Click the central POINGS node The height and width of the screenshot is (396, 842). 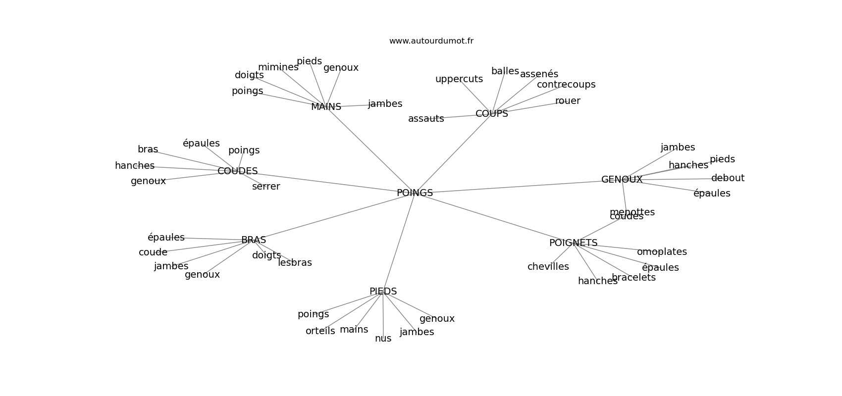point(415,193)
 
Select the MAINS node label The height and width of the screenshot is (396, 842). point(326,107)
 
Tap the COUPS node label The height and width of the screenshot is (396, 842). point(491,114)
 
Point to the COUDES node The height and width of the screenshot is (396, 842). point(237,171)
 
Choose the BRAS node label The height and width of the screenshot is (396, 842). point(253,240)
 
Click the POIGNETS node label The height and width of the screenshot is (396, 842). point(573,243)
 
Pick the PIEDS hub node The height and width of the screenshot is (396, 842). point(383,292)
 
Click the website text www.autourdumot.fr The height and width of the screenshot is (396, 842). point(431,41)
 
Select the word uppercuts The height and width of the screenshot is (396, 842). point(459,79)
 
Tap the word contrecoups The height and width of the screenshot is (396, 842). point(566,85)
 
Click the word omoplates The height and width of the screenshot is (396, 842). point(661,252)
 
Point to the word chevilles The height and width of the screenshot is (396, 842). point(548,267)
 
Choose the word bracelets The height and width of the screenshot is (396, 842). point(633,278)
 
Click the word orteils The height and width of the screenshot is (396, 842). point(320,331)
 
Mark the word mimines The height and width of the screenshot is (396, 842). point(278,67)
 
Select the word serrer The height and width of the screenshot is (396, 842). point(265,187)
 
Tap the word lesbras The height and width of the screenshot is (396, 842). point(295,263)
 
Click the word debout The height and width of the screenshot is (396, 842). point(727,178)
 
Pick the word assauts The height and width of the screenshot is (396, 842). point(425,119)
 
